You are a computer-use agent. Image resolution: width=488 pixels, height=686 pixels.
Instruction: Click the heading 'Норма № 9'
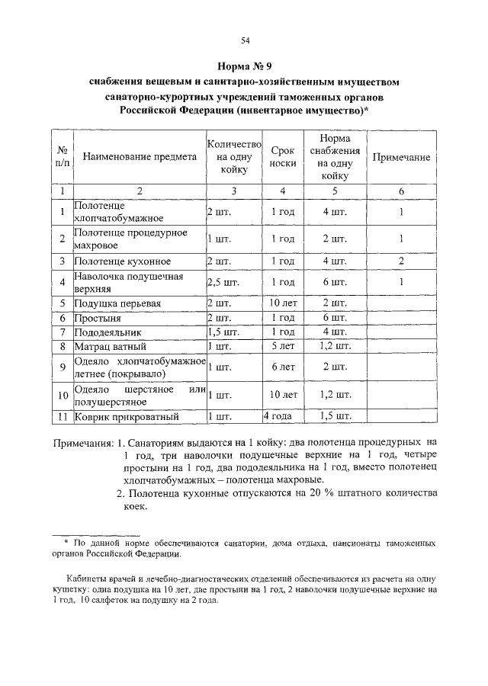[x=245, y=66]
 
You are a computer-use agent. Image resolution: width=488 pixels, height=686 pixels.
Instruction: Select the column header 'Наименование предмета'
[x=140, y=158]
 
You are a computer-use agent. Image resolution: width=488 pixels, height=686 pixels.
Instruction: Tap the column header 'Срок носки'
[x=283, y=158]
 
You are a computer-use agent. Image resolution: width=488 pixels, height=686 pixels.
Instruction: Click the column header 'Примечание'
[x=400, y=157]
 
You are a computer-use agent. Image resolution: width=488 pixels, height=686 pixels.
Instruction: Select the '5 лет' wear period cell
[x=283, y=346]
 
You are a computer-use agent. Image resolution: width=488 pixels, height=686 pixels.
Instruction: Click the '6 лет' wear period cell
[x=283, y=367]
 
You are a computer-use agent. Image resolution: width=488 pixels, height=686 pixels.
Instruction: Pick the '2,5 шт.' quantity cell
[x=221, y=283]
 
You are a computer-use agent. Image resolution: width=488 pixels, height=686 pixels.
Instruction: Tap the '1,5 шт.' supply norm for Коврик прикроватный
[x=335, y=416]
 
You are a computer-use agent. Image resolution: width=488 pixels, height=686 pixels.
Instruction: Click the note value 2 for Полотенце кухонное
[x=400, y=261]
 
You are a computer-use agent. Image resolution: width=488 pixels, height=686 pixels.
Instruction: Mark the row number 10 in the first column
[x=63, y=395]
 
